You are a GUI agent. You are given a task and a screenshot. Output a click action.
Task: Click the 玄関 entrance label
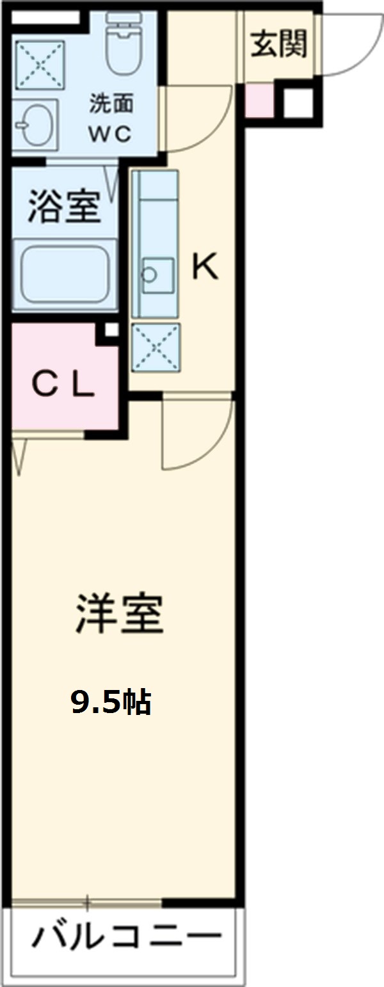tap(278, 45)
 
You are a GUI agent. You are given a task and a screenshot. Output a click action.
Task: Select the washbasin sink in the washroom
tap(33, 125)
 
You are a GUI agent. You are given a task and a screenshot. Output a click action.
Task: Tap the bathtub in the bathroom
tap(64, 275)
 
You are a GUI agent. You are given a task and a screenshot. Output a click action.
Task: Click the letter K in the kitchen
tap(205, 268)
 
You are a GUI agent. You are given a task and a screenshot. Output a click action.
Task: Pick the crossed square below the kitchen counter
tap(156, 347)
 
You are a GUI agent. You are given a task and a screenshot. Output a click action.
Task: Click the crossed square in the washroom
tap(40, 65)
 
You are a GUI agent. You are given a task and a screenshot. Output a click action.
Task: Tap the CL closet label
tap(63, 385)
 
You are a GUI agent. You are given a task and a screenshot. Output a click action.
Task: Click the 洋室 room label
tap(120, 614)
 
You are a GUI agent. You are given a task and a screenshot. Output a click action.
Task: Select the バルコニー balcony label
tap(126, 939)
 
